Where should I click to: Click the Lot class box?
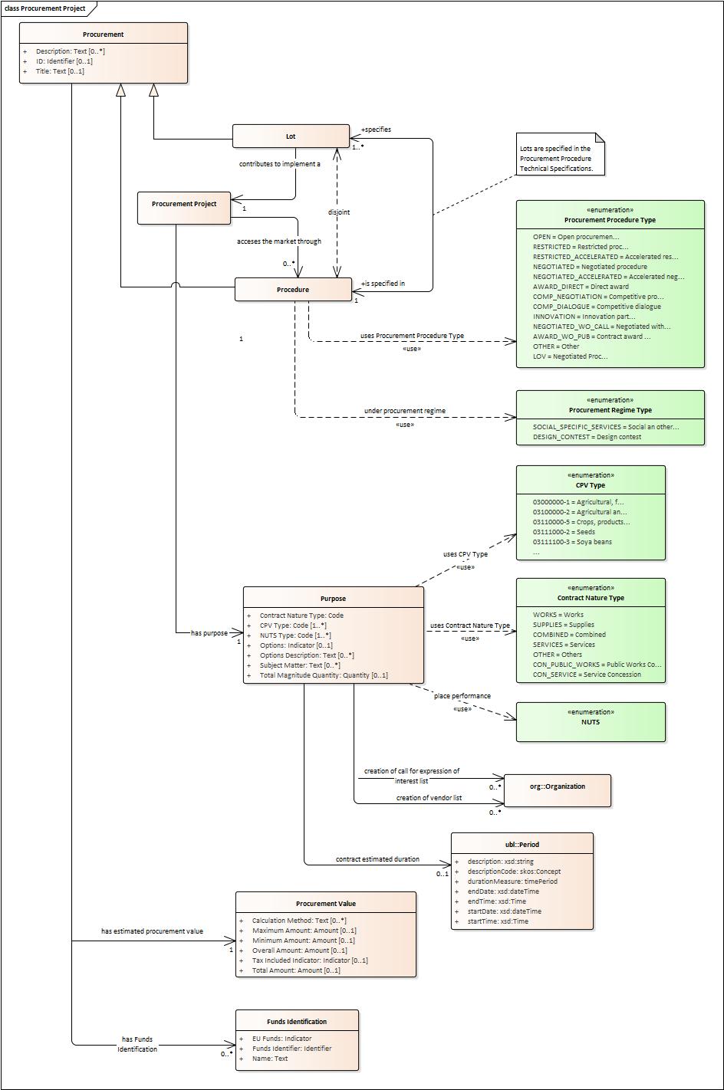[x=291, y=136]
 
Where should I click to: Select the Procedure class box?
[x=293, y=290]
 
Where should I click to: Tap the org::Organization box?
[x=558, y=786]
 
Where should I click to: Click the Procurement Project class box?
[x=184, y=205]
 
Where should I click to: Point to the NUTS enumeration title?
[x=591, y=722]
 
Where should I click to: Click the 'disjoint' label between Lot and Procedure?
[x=338, y=212]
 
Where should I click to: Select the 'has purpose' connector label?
[x=209, y=633]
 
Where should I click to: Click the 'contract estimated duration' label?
[x=377, y=859]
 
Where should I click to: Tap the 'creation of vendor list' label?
[x=429, y=798]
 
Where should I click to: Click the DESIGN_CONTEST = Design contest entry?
[x=587, y=437]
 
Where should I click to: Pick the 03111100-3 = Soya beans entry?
[x=572, y=542]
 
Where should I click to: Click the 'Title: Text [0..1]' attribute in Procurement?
[x=60, y=71]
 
